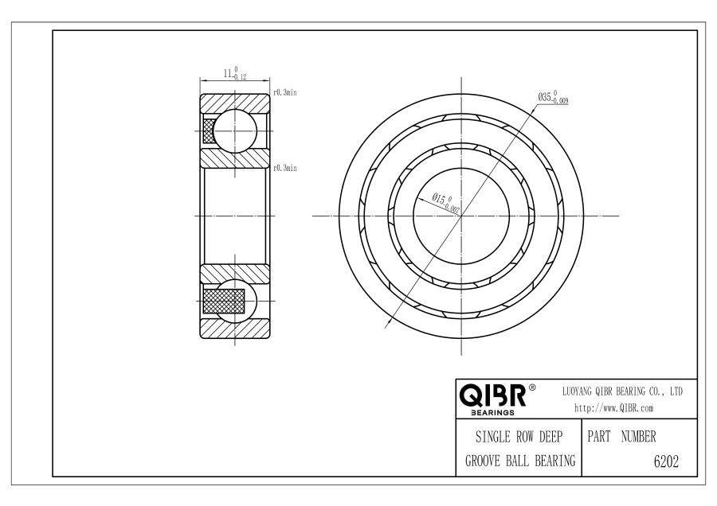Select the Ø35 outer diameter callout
553,97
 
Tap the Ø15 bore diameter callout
446,203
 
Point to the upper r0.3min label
285,93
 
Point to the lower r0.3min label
285,168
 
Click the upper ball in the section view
235,130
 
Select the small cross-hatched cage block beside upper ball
209,130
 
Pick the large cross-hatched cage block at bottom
224,301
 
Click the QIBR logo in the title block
492,395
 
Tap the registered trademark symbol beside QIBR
532,387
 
